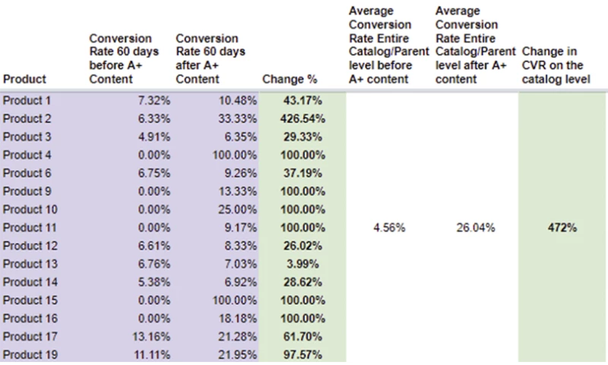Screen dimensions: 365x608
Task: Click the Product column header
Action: pyautogui.click(x=25, y=78)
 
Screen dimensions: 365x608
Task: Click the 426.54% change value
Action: pyautogui.click(x=303, y=119)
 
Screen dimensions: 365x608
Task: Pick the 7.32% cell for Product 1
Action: pyautogui.click(x=154, y=101)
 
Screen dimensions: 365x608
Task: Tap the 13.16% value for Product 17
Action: pyautogui.click(x=152, y=336)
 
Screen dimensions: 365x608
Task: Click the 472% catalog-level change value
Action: pyautogui.click(x=562, y=228)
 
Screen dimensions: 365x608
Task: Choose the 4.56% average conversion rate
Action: pyautogui.click(x=389, y=228)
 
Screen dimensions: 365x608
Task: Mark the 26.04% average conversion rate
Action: pyautogui.click(x=476, y=228)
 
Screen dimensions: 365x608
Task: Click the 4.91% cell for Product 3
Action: pyautogui.click(x=154, y=137)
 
